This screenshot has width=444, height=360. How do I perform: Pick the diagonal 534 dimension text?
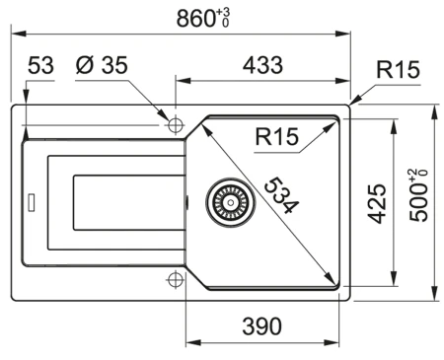click(279, 194)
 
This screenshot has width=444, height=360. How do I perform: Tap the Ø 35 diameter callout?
click(103, 66)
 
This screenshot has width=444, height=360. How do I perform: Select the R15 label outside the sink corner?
click(398, 70)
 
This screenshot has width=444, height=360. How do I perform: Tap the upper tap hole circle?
click(176, 125)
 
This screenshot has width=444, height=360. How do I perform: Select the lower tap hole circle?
click(176, 278)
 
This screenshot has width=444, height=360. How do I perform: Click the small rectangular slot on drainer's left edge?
click(32, 202)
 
